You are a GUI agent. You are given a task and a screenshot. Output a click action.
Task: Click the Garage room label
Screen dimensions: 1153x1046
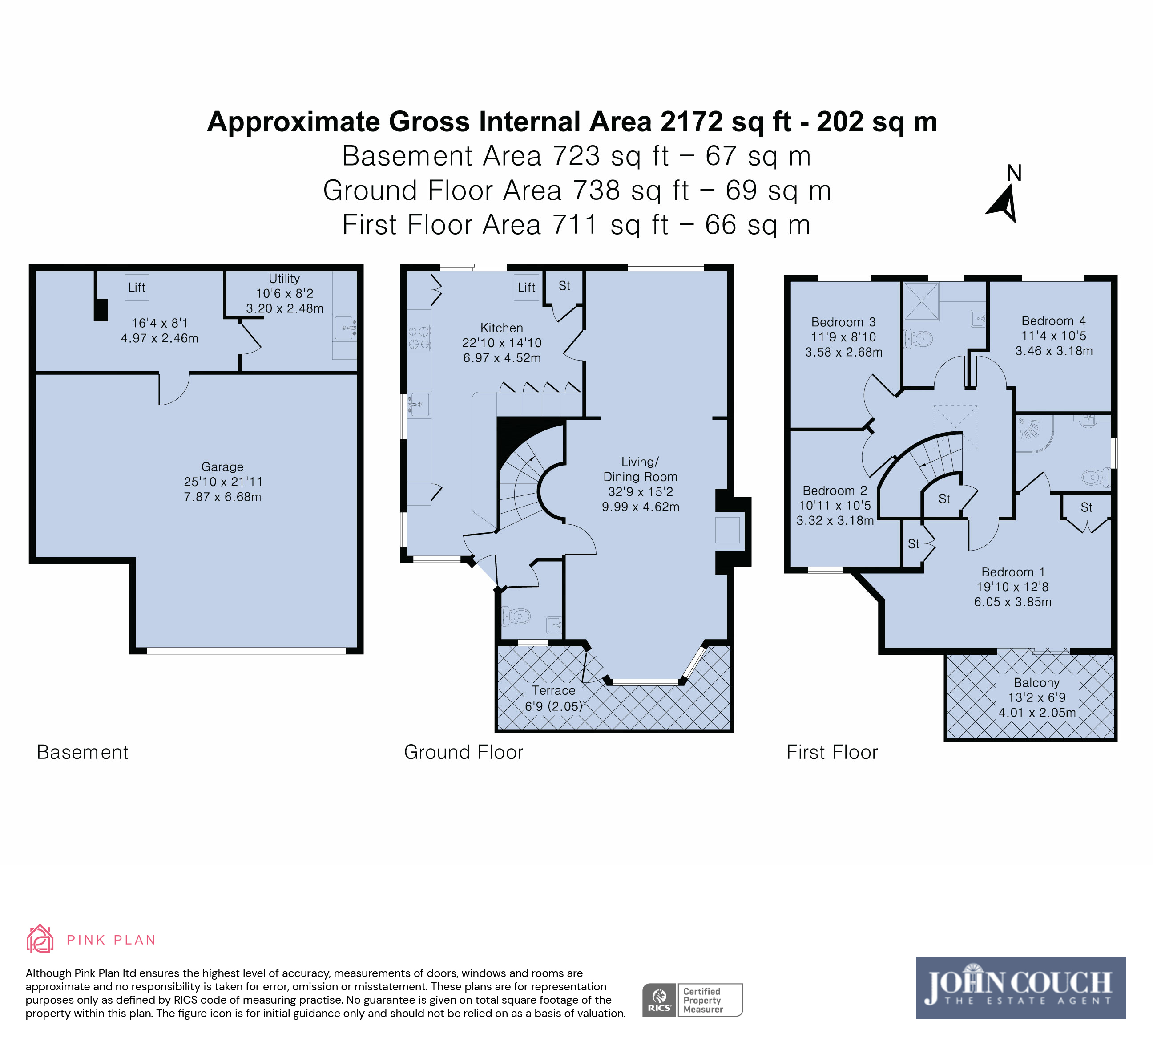pos(222,467)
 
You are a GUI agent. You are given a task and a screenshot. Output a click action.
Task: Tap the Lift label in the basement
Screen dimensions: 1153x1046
pos(137,287)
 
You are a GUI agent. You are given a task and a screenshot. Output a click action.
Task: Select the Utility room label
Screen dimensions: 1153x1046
pos(284,279)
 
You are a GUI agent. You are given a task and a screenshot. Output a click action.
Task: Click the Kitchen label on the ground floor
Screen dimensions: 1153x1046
pos(502,328)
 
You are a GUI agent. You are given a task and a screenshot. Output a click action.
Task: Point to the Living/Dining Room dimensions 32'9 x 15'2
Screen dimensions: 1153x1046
pos(641,491)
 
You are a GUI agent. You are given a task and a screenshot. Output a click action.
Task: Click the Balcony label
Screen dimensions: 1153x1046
pos(1036,683)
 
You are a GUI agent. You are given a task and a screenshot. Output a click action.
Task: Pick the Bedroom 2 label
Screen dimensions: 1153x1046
pos(835,491)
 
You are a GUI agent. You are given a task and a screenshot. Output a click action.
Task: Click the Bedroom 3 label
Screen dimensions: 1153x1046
pos(843,322)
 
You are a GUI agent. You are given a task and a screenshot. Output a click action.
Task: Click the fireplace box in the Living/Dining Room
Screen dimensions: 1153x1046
pos(727,530)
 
